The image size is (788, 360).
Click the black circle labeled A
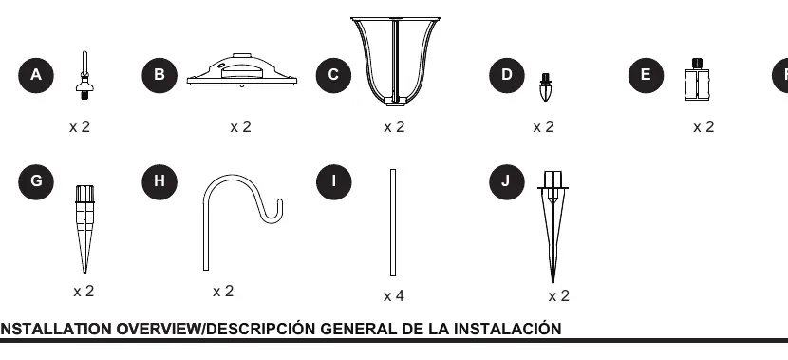tap(36, 75)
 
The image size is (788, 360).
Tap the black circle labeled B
tap(159, 75)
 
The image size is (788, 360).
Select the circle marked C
tap(333, 75)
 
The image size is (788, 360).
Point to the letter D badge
tap(507, 75)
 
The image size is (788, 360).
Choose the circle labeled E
tap(646, 75)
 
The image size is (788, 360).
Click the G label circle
tap(36, 182)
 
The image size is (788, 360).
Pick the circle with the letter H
tap(159, 182)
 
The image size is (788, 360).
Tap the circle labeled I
tap(333, 182)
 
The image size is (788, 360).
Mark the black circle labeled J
tap(507, 182)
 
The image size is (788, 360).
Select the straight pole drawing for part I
tap(393, 222)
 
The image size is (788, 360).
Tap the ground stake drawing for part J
tap(553, 226)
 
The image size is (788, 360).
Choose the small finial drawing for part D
tap(545, 87)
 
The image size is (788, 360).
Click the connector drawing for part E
tap(697, 81)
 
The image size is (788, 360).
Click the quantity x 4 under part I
tap(394, 296)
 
